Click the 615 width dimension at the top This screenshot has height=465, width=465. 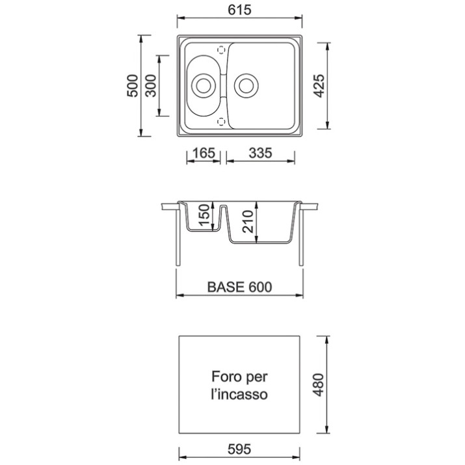pos(239,10)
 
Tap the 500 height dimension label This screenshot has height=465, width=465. pos(133,86)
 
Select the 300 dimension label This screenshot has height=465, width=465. pos(151,86)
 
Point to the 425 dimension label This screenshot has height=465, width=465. pos(319,86)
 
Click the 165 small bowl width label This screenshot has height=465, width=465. pos(204,153)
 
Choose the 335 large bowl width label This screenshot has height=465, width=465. pos(260,153)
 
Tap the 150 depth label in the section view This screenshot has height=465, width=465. pos(204,215)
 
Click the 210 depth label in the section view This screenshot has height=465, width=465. pos(248,221)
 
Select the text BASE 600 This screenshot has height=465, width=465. pos(239,287)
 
